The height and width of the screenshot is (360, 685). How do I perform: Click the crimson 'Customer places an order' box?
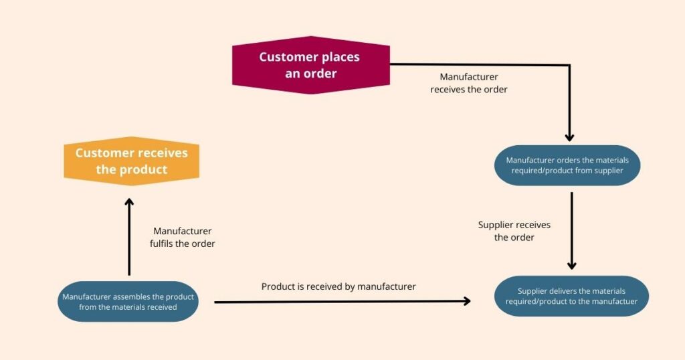310,65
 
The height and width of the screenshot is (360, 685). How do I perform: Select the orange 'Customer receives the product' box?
131,161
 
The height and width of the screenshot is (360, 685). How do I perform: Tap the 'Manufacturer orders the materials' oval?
567,165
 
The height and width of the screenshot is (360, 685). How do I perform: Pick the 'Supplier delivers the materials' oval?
571,296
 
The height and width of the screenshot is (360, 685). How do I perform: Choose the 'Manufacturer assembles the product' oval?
128,302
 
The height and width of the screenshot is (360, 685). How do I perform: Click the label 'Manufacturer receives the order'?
468,83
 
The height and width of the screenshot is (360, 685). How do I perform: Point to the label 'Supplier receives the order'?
514,231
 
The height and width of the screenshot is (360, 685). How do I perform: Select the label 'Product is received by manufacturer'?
338,286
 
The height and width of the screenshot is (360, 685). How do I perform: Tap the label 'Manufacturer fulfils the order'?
182,238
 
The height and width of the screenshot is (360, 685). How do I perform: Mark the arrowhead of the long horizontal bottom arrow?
466,302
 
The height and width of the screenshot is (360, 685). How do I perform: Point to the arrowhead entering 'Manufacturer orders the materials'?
569,137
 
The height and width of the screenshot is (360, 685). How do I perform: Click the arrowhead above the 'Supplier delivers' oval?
572,264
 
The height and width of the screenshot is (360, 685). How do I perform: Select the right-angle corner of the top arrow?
569,66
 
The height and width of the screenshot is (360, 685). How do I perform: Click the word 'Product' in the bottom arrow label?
278,286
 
